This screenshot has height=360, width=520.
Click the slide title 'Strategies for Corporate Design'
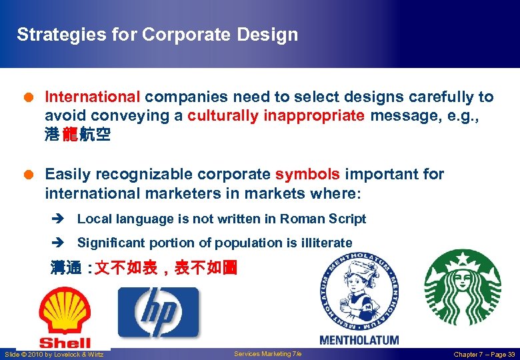(x=157, y=35)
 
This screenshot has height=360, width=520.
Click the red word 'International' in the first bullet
(x=93, y=97)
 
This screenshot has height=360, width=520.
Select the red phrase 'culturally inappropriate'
(x=276, y=116)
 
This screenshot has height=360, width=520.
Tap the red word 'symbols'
(x=308, y=175)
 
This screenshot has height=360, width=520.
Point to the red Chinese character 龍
(x=70, y=135)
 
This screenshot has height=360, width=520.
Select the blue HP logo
(x=159, y=312)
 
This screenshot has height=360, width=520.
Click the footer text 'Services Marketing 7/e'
(x=267, y=354)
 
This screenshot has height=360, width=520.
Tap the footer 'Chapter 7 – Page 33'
(x=484, y=354)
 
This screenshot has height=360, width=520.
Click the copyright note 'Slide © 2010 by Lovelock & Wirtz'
(x=54, y=354)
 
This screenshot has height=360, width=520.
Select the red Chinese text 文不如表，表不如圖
(x=166, y=269)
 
